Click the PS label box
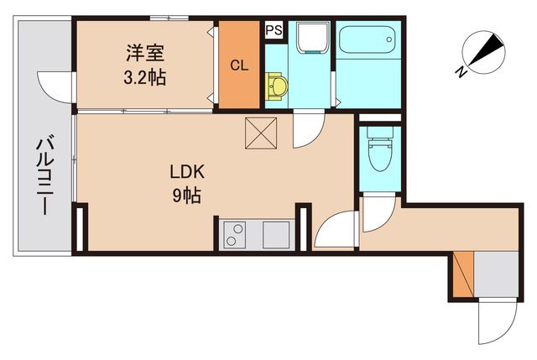(274, 30)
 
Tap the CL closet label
(239, 66)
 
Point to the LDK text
(188, 173)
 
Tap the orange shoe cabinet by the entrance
(460, 274)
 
